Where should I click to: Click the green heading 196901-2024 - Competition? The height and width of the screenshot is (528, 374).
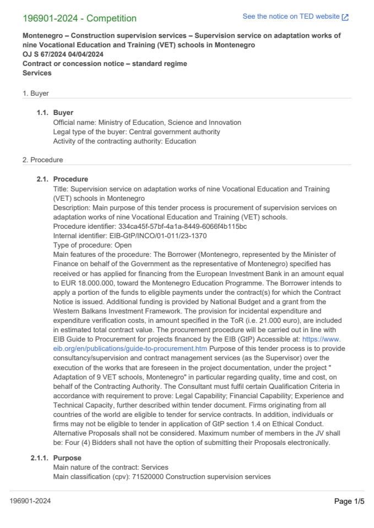(x=79, y=18)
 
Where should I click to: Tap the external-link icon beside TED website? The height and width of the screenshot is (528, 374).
(x=345, y=17)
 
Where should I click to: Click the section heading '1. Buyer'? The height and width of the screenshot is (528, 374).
(x=35, y=94)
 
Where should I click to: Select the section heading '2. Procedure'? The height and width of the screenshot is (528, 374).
(x=42, y=160)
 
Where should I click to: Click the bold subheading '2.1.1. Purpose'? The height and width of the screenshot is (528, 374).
(x=56, y=458)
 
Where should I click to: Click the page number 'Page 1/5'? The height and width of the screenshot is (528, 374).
(x=349, y=501)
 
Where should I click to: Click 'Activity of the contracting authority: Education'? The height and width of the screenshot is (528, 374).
(x=124, y=141)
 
